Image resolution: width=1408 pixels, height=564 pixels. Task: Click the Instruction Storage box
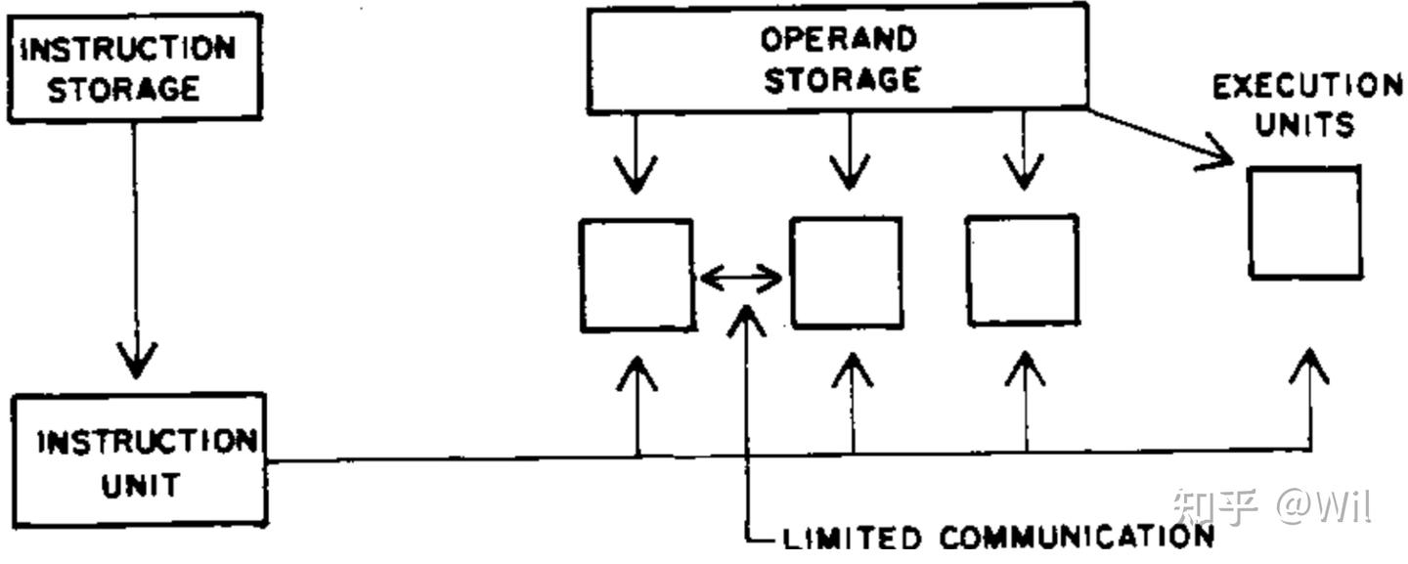[134, 67]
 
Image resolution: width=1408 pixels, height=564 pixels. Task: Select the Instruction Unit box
[139, 460]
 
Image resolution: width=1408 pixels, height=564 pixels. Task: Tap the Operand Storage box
[838, 58]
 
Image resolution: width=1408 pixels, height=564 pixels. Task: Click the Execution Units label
[1306, 105]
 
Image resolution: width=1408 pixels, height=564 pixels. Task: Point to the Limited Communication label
[997, 537]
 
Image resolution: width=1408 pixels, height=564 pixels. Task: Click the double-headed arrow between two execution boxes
[741, 280]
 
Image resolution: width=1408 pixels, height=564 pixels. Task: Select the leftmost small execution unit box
[637, 276]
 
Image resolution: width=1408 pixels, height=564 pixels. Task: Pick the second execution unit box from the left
[847, 273]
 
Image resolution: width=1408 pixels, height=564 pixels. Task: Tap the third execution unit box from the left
[1023, 270]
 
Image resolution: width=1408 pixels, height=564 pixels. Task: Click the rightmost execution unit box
[1304, 222]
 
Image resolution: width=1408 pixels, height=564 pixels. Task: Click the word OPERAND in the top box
[838, 39]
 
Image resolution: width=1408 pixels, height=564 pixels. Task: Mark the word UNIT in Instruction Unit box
[140, 486]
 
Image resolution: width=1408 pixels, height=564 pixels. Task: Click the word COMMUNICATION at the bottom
[1076, 537]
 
